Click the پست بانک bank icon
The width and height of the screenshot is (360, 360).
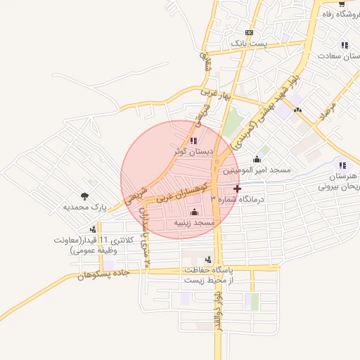click(249, 33)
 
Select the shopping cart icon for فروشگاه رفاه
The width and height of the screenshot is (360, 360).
click(341, 4)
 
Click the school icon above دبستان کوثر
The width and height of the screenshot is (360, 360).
click(193, 141)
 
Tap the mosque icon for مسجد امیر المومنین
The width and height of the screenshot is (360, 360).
click(256, 159)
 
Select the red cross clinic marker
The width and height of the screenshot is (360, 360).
click(237, 188)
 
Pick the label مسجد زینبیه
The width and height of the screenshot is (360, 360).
click(194, 222)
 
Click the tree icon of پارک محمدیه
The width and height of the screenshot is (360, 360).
click(85, 196)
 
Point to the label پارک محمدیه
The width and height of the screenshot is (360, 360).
click(84, 207)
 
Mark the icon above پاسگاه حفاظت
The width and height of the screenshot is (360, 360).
click(208, 260)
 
